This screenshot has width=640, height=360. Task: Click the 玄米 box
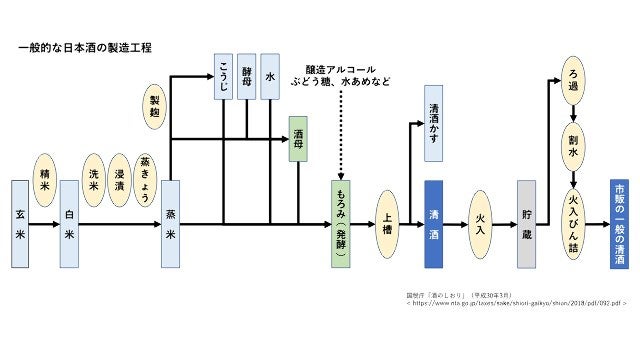(20, 224)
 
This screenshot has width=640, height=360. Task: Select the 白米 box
(69, 224)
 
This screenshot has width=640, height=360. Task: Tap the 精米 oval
(45, 179)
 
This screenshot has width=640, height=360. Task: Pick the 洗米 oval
(94, 179)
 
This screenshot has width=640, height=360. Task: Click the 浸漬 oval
(120, 179)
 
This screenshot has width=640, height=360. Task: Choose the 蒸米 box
(170, 224)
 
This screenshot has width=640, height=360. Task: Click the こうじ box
(223, 76)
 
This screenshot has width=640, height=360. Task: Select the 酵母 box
(247, 76)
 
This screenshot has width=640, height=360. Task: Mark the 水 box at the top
(270, 76)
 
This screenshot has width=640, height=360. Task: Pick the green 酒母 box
(297, 141)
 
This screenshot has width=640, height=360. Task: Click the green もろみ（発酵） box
(341, 224)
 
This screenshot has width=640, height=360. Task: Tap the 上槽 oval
(388, 224)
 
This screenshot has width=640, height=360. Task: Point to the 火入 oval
(482, 224)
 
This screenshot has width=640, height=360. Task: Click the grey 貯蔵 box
(527, 224)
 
